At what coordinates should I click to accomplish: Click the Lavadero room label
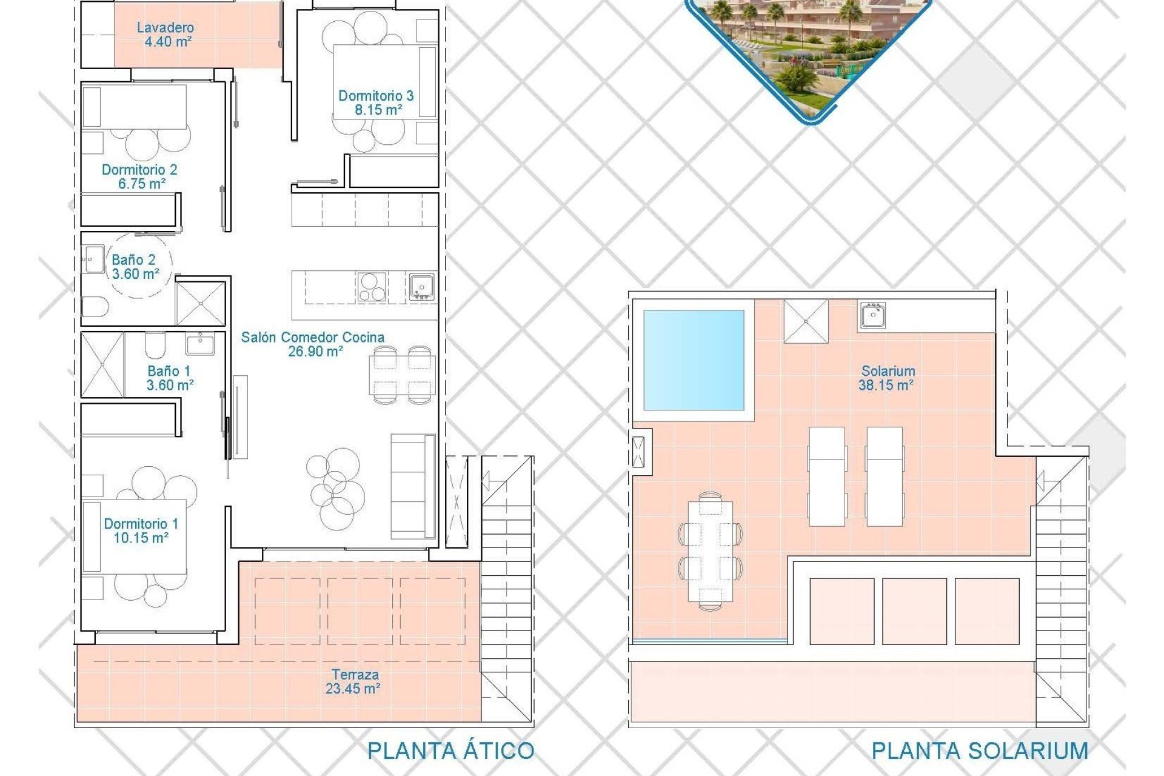(166, 28)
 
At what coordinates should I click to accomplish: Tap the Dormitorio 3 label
(376, 96)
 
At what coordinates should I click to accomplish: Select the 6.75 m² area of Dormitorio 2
(142, 184)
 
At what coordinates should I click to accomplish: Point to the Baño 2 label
(133, 260)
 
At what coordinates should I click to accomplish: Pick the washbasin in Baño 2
(93, 259)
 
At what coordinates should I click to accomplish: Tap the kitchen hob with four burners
(371, 287)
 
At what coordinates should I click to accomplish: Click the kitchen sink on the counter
(421, 287)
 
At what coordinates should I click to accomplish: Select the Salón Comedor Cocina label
(312, 338)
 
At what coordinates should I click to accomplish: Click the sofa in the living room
(413, 486)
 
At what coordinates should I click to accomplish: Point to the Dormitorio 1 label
(141, 524)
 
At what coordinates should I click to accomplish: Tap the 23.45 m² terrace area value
(353, 689)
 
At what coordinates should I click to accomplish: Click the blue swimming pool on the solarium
(694, 360)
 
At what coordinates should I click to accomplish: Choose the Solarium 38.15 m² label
(888, 378)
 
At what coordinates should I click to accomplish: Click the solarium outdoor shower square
(806, 321)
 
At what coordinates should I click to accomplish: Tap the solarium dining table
(711, 552)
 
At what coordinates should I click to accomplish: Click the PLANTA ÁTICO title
(450, 751)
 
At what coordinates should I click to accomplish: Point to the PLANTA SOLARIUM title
(979, 751)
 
